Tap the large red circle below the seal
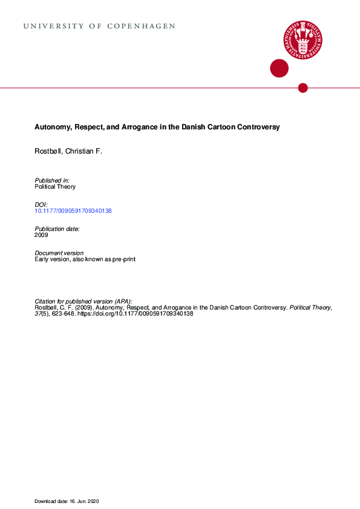[279, 68]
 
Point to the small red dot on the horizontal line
[303, 88]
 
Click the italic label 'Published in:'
[52, 181]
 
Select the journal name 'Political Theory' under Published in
[55, 187]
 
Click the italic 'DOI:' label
[41, 205]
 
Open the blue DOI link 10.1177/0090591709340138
[73, 211]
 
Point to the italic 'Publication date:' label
[57, 229]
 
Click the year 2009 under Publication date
[42, 235]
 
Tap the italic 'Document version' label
[59, 253]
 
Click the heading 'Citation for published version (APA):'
[83, 301]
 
